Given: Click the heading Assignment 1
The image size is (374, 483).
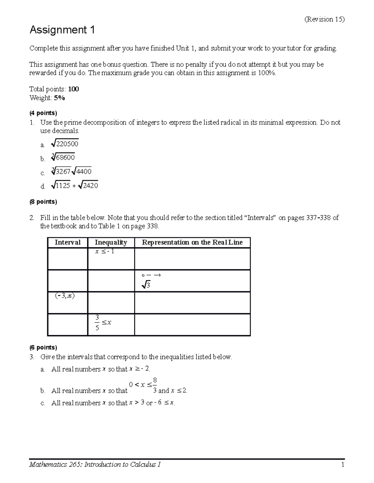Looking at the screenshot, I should pyautogui.click(x=62, y=30).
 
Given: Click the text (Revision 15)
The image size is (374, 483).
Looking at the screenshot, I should pyautogui.click(x=324, y=19).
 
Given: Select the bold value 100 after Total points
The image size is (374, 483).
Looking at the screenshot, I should pyautogui.click(x=74, y=89).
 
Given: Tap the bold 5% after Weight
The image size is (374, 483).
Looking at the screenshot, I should pyautogui.click(x=59, y=98).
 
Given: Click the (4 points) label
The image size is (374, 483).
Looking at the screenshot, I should pyautogui.click(x=43, y=113).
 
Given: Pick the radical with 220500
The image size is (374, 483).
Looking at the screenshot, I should pyautogui.click(x=65, y=144).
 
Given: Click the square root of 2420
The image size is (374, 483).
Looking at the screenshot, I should pyautogui.click(x=89, y=186).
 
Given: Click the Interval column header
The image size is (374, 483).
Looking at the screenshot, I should pyautogui.click(x=68, y=243).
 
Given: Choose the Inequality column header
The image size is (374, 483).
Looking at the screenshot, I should pyautogui.click(x=111, y=243).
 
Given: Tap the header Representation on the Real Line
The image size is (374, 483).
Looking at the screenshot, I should pyautogui.click(x=192, y=243).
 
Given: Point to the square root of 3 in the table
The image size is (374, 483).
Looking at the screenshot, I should pyautogui.click(x=146, y=285).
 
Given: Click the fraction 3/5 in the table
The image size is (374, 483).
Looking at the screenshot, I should pyautogui.click(x=97, y=323).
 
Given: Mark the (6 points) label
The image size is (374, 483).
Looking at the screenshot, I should pyautogui.click(x=43, y=347).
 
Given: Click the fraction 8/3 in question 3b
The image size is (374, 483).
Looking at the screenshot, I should pyautogui.click(x=155, y=385).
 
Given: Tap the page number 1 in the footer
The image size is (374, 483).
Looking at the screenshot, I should pyautogui.click(x=342, y=465).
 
